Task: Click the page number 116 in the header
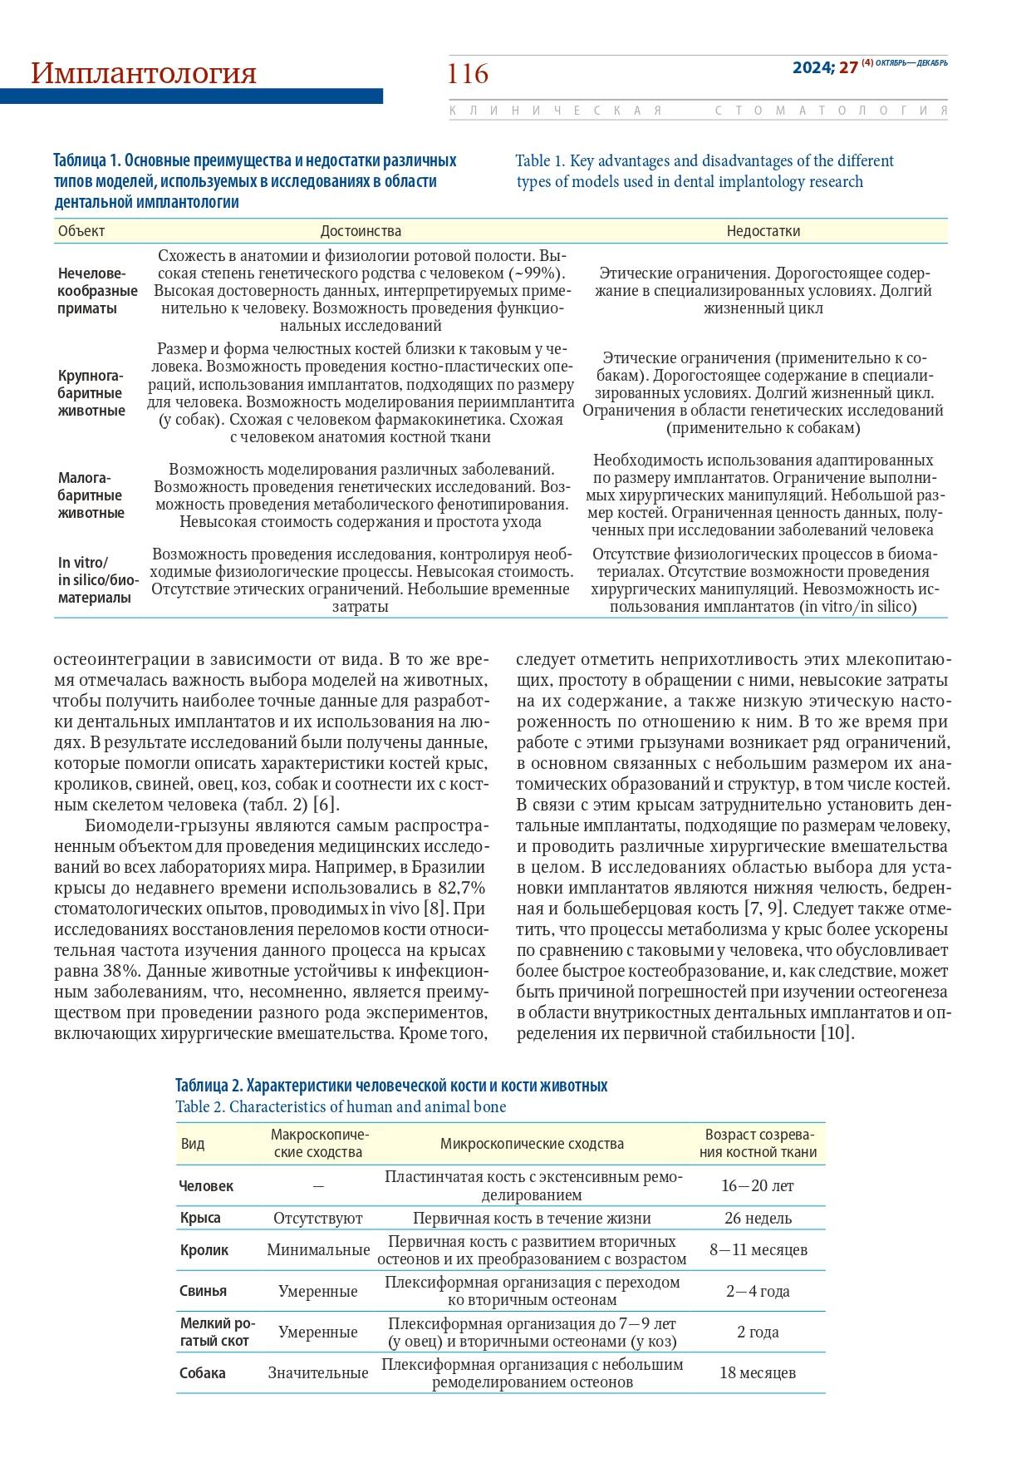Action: (x=469, y=74)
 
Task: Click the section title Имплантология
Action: (x=144, y=73)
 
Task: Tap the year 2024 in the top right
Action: (x=813, y=68)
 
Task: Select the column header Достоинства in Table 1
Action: (x=361, y=231)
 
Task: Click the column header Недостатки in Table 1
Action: (x=763, y=231)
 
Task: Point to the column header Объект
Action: (x=81, y=231)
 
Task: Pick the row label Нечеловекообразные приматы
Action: (x=97, y=291)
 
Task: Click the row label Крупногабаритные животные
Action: (x=91, y=393)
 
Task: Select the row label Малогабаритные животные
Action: (x=91, y=495)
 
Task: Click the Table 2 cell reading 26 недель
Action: (x=758, y=1218)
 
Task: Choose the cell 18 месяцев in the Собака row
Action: (x=758, y=1372)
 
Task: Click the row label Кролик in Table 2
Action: (x=204, y=1250)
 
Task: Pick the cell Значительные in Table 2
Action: (x=318, y=1372)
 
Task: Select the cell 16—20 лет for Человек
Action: (x=758, y=1185)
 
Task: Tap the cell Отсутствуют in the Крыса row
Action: (x=318, y=1218)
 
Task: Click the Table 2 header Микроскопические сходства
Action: (x=532, y=1144)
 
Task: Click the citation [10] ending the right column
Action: (x=837, y=1033)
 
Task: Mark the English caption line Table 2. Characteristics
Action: (x=341, y=1106)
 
